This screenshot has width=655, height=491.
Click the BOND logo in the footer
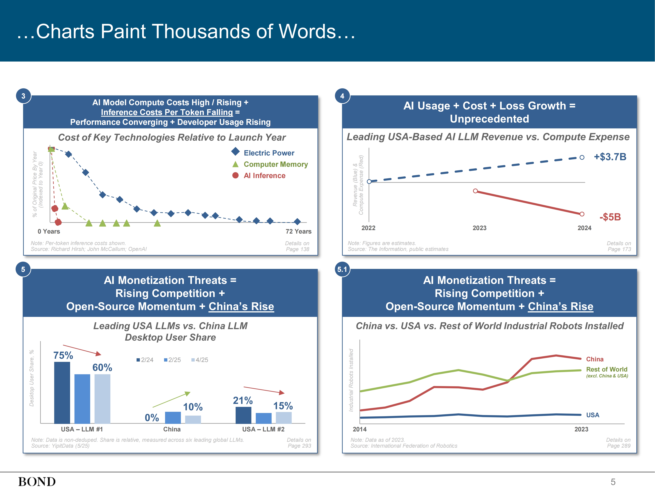(x=37, y=482)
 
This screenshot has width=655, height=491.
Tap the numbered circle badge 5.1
(x=342, y=269)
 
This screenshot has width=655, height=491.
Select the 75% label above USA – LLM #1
(x=63, y=355)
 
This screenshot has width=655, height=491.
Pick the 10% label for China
(x=193, y=407)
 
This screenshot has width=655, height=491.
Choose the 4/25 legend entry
(x=200, y=360)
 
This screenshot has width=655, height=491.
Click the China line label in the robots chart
(x=595, y=359)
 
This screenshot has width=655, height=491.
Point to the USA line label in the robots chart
(x=592, y=415)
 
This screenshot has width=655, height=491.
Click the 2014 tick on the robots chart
(x=359, y=429)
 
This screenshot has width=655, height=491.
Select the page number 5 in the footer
(x=613, y=482)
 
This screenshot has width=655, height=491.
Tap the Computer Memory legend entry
(x=275, y=164)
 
